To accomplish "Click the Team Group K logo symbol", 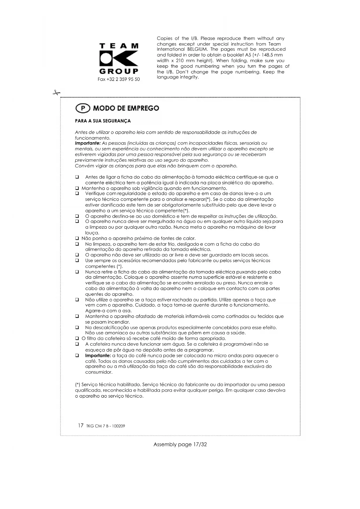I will [x=119, y=59].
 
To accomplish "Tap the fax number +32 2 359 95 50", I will [x=119, y=79].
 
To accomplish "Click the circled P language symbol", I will [x=83, y=108].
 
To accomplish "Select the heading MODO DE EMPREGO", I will [x=126, y=108].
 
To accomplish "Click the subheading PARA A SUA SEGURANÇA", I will [x=103, y=121].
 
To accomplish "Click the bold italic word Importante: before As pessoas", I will [x=88, y=143].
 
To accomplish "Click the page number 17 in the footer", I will [x=81, y=426].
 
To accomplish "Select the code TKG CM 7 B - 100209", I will [x=106, y=426].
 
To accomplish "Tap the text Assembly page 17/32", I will [x=180, y=444].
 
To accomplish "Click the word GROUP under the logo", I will [x=119, y=71].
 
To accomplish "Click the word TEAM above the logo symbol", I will [x=119, y=46].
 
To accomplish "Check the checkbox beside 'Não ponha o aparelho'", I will [x=77, y=239].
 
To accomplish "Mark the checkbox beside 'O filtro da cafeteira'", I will [x=77, y=338].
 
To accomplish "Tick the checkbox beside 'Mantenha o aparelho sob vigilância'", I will [x=77, y=188].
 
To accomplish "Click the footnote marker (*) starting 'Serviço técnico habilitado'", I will [x=77, y=385].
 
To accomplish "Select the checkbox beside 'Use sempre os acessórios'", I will [x=77, y=261].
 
